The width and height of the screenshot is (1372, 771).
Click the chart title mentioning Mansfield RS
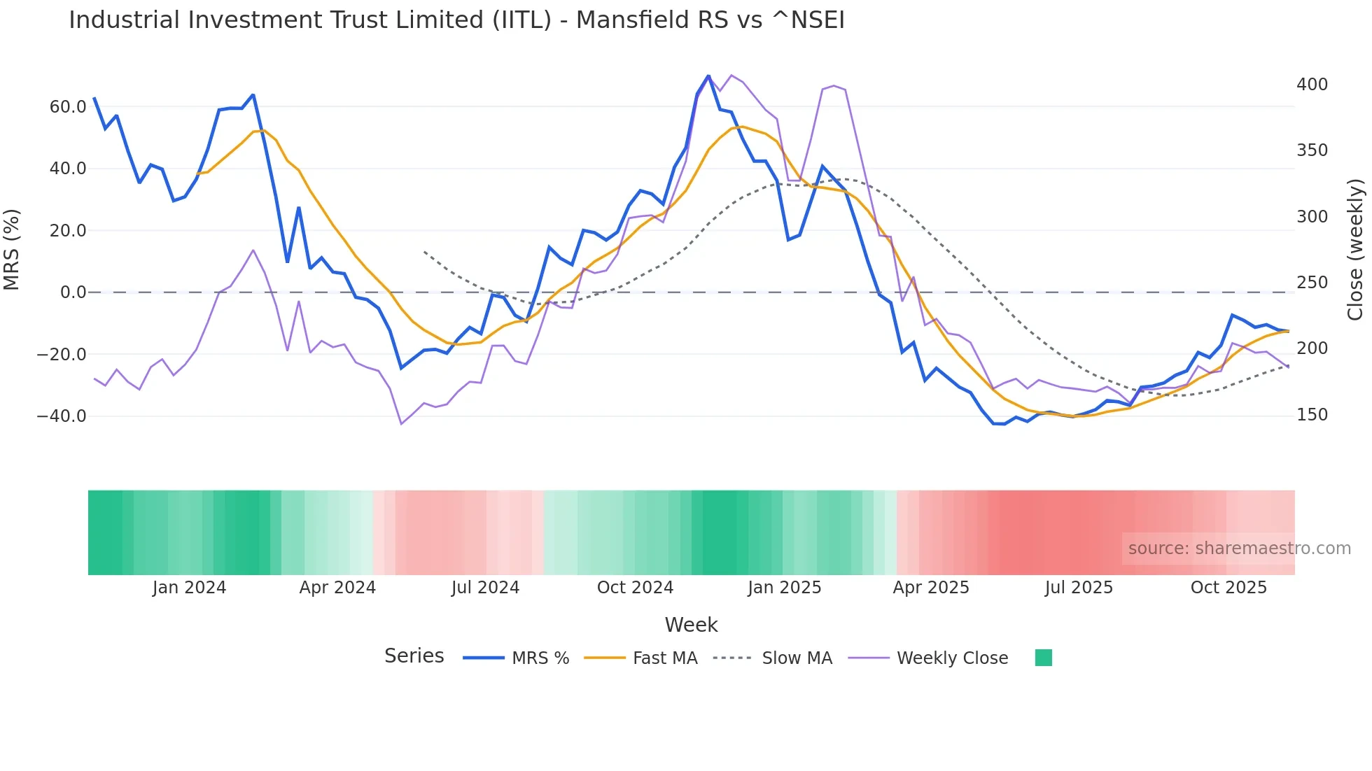tap(456, 20)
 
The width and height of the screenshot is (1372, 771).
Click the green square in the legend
tap(1043, 658)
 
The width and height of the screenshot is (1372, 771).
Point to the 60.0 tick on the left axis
tap(68, 107)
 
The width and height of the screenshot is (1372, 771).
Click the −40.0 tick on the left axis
tap(62, 416)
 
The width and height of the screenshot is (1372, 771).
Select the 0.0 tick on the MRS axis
tap(73, 292)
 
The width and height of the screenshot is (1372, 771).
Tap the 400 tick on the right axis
tap(1312, 85)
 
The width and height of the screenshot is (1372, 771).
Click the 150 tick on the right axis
tap(1312, 415)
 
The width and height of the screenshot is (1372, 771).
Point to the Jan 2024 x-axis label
tap(189, 588)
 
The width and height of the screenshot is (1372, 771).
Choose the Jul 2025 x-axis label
tap(1079, 588)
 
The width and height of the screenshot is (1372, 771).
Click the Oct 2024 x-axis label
tap(635, 588)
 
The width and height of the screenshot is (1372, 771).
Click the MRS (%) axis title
tap(12, 250)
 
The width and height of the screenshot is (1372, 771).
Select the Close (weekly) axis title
tap(1355, 250)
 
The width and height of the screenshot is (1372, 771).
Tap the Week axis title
tap(691, 625)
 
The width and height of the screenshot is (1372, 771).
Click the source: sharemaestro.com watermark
tap(1239, 549)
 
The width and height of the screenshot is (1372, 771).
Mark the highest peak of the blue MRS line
tap(708, 76)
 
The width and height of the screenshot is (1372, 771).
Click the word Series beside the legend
tap(414, 656)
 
